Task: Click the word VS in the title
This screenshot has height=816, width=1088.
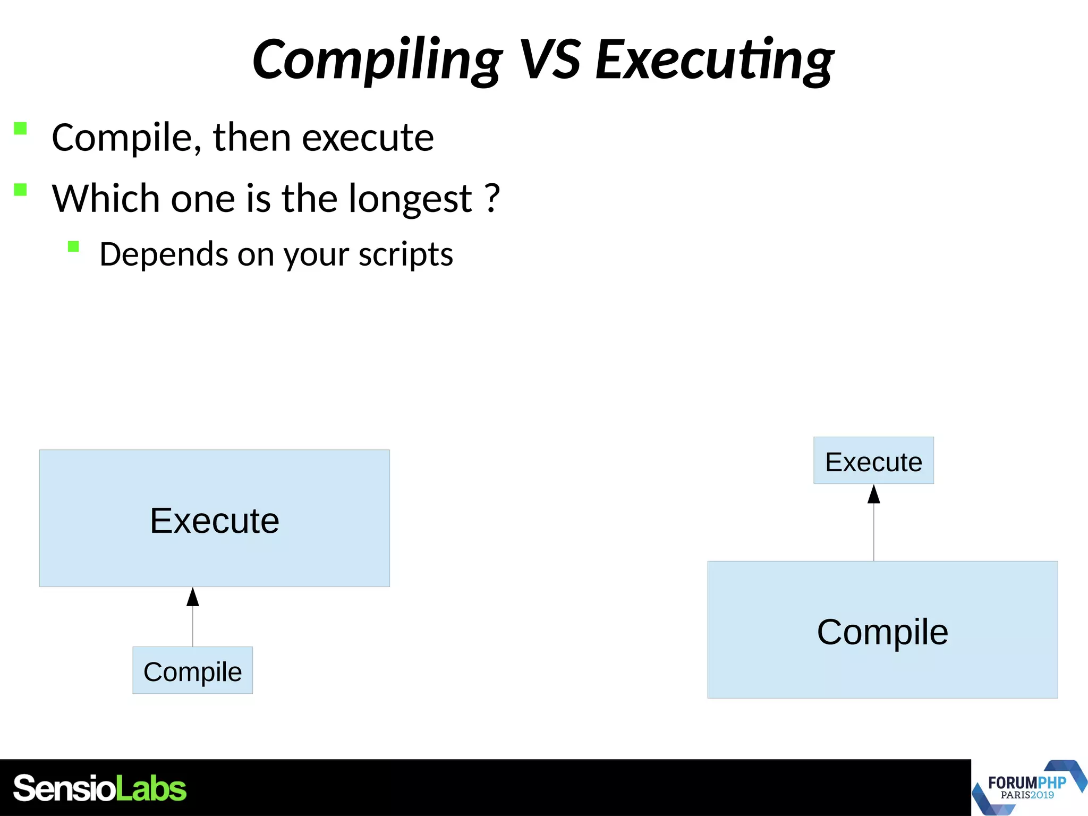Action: [x=549, y=59]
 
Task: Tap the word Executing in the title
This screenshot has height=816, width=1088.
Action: [x=714, y=59]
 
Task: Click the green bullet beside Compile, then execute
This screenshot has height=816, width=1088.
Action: [x=20, y=129]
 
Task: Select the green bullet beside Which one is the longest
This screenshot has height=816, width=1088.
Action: [x=20, y=190]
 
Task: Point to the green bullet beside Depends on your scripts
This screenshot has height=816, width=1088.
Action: [x=73, y=246]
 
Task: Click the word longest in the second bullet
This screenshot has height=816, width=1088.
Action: [x=410, y=199]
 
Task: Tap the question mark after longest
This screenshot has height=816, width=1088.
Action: [x=492, y=198]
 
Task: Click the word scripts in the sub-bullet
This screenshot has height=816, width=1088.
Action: [x=405, y=254]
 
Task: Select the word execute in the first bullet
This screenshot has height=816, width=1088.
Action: [x=368, y=138]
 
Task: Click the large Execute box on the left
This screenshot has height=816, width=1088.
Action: [x=214, y=518]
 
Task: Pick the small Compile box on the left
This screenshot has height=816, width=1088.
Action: [x=192, y=670]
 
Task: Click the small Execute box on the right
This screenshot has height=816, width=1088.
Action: [x=873, y=461]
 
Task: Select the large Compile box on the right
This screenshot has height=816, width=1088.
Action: [x=882, y=630]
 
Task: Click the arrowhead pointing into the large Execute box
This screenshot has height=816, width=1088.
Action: [x=193, y=597]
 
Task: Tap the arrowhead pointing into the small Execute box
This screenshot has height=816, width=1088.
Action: [x=874, y=494]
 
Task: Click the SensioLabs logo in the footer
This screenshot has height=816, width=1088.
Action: [x=99, y=788]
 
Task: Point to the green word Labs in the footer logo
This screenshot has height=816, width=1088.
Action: [x=151, y=788]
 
